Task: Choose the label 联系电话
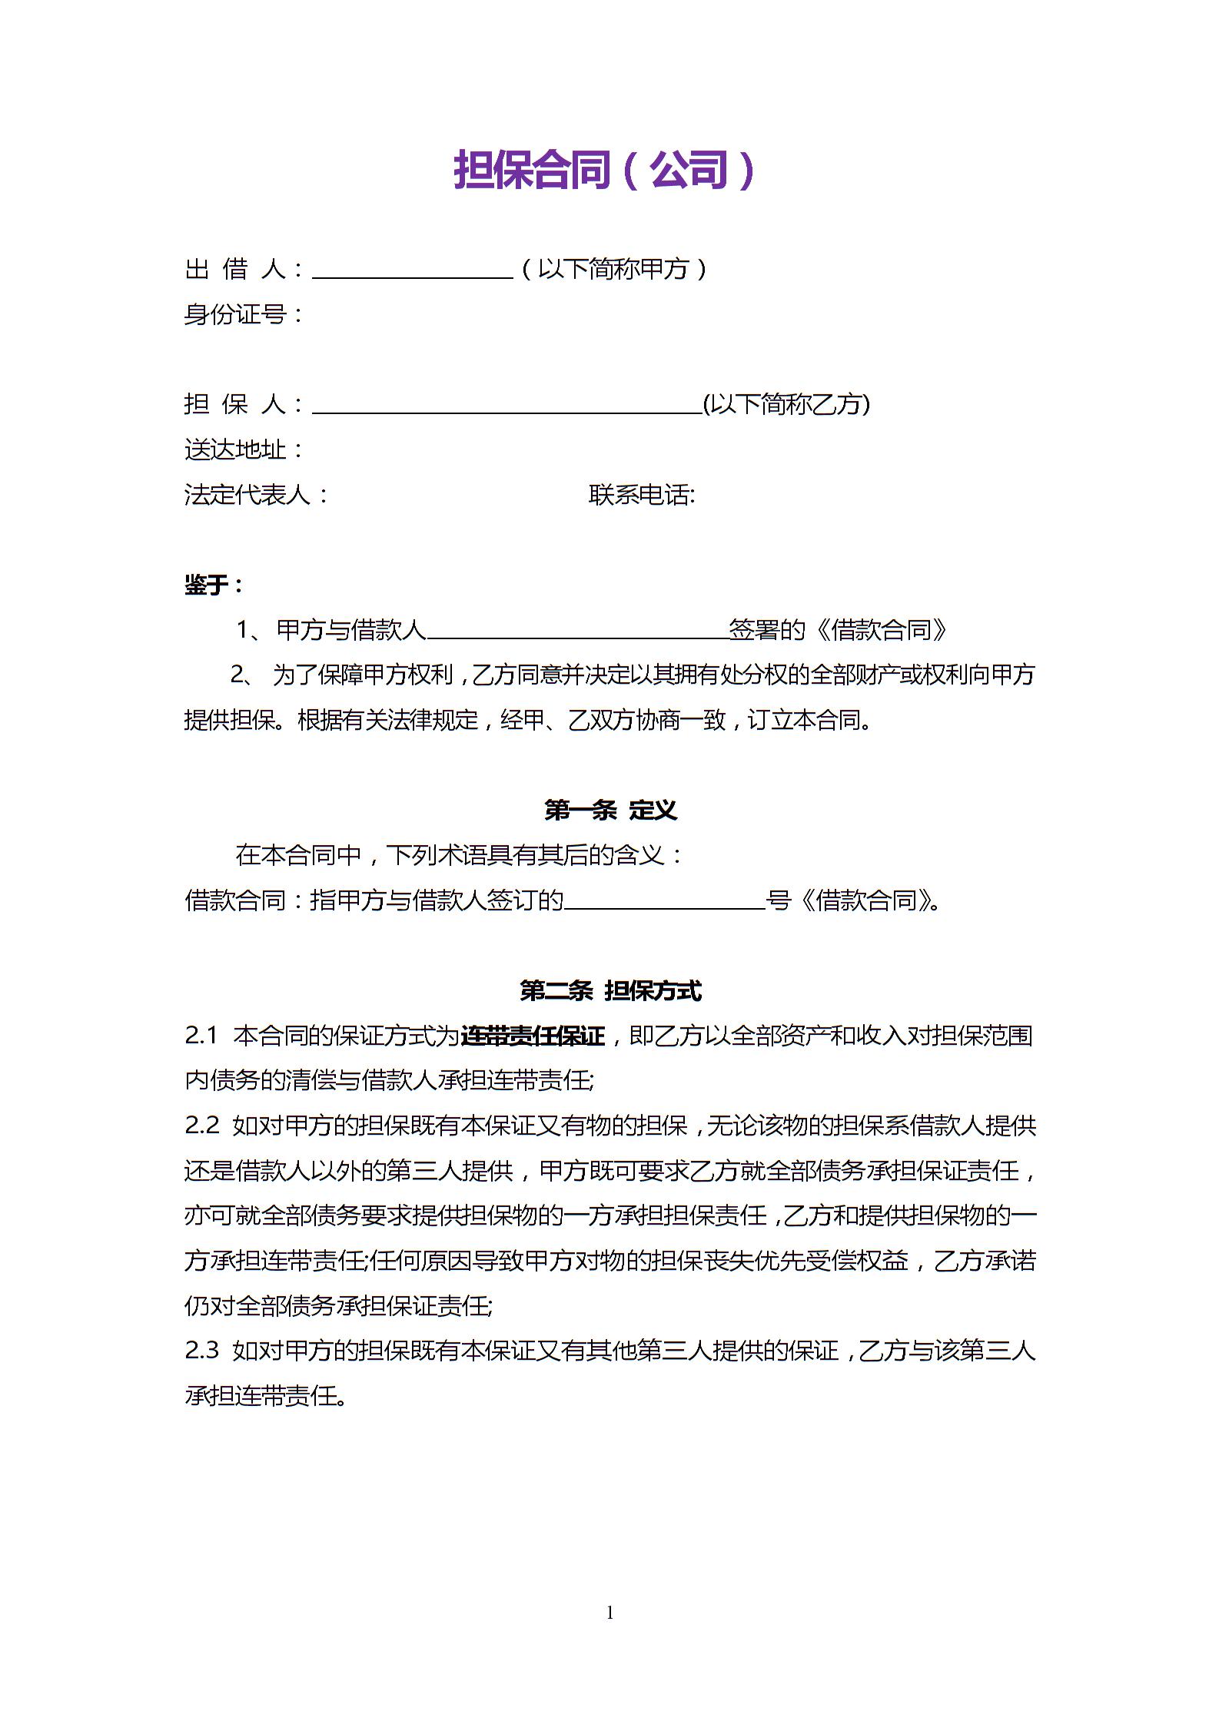pyautogui.click(x=642, y=495)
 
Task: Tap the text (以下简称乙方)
pyautogui.click(x=786, y=404)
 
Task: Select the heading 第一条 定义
pyautogui.click(x=610, y=810)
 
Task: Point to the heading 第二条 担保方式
pyautogui.click(x=610, y=990)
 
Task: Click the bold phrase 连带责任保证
pyautogui.click(x=533, y=1036)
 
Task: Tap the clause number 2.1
pyautogui.click(x=201, y=1036)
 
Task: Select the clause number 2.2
pyautogui.click(x=201, y=1126)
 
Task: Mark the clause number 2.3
pyautogui.click(x=201, y=1351)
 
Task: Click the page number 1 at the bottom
pyautogui.click(x=610, y=1612)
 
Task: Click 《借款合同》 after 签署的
pyautogui.click(x=882, y=630)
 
